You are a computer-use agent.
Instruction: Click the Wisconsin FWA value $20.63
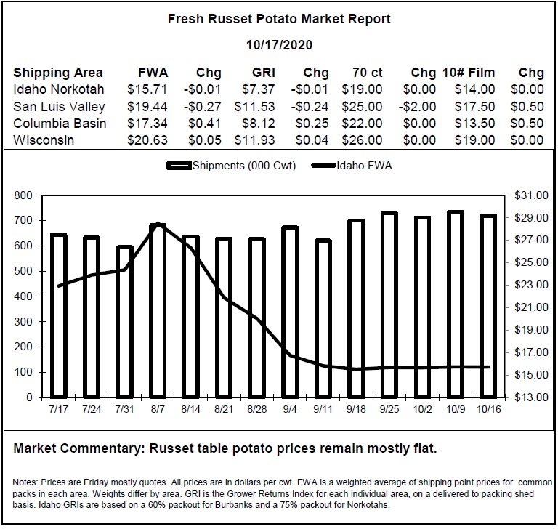(x=147, y=140)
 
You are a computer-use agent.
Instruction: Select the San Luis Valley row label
(x=59, y=107)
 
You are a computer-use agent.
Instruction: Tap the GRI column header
(x=264, y=73)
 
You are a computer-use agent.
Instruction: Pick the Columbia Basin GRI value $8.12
(x=259, y=124)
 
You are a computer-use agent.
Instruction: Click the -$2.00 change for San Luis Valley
(x=417, y=106)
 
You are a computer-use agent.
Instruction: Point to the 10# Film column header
(x=469, y=73)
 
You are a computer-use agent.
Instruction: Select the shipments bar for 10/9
(x=456, y=304)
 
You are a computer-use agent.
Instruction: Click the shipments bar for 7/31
(x=125, y=321)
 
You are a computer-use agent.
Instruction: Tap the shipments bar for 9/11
(x=323, y=318)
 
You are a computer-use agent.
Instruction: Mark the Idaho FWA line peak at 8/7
(x=158, y=224)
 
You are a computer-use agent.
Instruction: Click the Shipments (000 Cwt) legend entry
(x=231, y=166)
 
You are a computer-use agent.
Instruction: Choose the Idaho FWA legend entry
(x=352, y=166)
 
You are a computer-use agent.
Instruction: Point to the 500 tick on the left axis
(x=23, y=271)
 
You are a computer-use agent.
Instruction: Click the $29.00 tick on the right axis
(x=531, y=217)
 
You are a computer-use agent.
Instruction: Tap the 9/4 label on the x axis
(x=290, y=409)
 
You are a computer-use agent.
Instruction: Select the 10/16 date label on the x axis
(x=488, y=409)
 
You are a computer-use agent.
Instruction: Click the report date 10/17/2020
(x=279, y=45)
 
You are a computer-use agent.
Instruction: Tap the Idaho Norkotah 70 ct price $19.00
(x=363, y=89)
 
